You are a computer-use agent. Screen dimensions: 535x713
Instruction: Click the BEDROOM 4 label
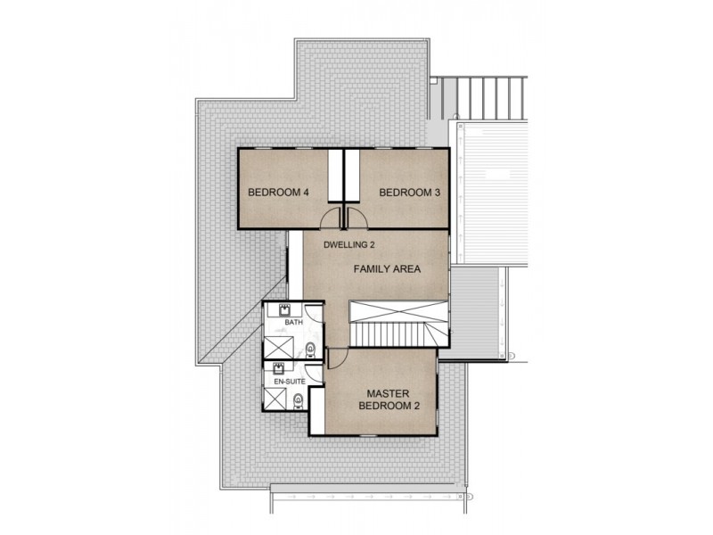click(x=278, y=192)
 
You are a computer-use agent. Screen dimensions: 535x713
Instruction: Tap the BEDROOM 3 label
click(x=410, y=192)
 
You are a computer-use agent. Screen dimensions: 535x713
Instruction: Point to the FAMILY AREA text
click(x=387, y=268)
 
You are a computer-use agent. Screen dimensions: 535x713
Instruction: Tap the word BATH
click(x=293, y=322)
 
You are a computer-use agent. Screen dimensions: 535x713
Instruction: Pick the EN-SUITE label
click(x=289, y=381)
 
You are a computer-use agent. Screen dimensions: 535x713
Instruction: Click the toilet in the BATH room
click(x=310, y=349)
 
